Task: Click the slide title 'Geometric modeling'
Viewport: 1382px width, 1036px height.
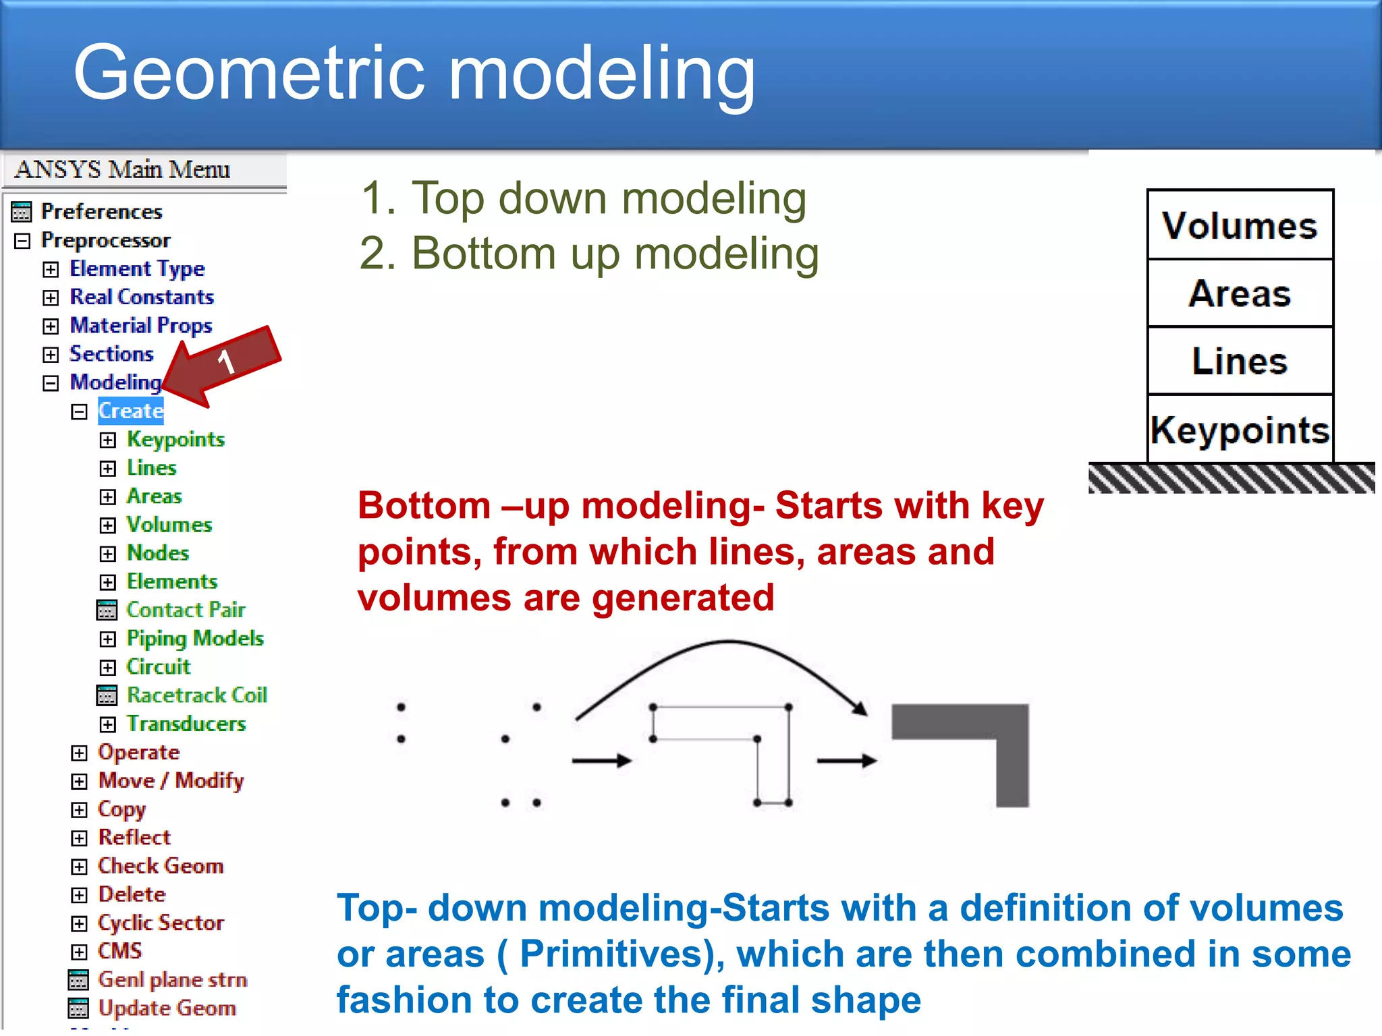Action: pos(414,73)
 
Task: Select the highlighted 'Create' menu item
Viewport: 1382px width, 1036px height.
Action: pos(130,411)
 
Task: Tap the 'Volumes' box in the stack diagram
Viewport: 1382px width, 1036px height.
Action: pos(1240,225)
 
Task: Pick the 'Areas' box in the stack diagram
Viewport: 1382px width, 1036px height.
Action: pos(1240,293)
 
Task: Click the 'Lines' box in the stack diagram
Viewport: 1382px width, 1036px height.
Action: pos(1240,361)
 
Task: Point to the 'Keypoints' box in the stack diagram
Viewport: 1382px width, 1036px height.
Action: pos(1240,430)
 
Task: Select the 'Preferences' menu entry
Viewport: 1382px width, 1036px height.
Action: pos(101,212)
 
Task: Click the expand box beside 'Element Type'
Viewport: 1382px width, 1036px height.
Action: pos(51,269)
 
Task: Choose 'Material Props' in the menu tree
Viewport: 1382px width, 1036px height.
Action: pos(141,326)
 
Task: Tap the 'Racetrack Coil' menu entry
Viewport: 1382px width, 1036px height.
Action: pos(196,695)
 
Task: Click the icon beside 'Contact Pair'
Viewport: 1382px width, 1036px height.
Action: pos(107,610)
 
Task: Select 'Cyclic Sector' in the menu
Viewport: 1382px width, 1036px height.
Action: pos(161,922)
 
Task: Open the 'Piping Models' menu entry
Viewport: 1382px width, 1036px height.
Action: pos(195,638)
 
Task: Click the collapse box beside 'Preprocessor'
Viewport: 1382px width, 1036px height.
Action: pos(22,241)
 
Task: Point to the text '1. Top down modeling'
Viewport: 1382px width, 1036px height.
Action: pos(583,198)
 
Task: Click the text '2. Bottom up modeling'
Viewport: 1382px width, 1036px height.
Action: pos(589,254)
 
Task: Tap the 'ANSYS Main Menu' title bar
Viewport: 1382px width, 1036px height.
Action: pos(122,169)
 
